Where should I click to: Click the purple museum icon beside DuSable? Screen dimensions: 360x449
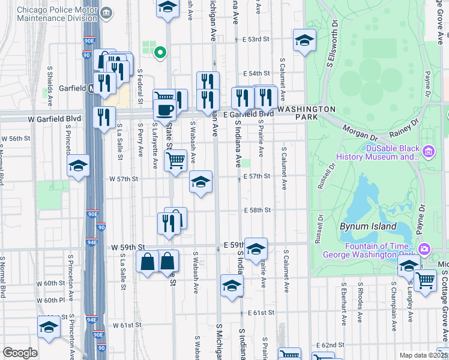pyautogui.click(x=427, y=150)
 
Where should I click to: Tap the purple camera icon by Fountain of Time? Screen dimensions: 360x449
pyautogui.click(x=424, y=248)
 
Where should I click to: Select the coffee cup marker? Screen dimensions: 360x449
pyautogui.click(x=164, y=110)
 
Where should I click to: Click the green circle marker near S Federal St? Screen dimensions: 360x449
pyautogui.click(x=160, y=52)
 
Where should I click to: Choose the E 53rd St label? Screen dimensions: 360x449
pyautogui.click(x=257, y=39)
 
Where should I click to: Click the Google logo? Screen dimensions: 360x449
pyautogui.click(x=20, y=353)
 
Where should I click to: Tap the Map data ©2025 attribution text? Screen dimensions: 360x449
pyautogui.click(x=423, y=355)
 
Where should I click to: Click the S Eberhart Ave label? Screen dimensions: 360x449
pyautogui.click(x=343, y=313)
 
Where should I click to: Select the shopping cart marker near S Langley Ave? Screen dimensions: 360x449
pyautogui.click(x=425, y=280)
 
